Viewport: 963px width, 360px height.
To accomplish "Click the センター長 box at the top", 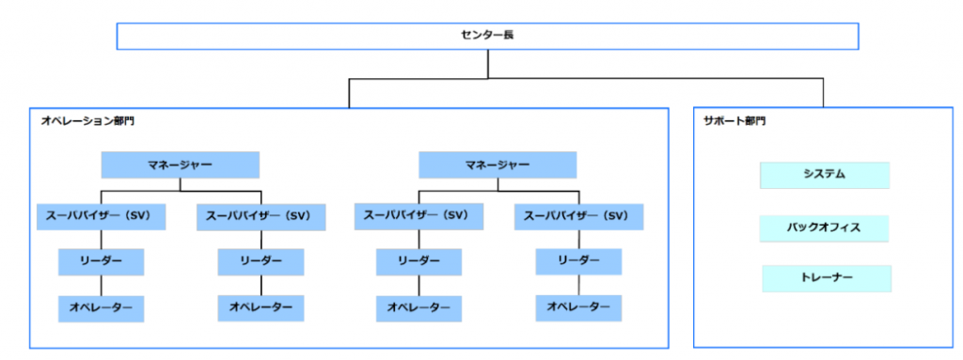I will [487, 36].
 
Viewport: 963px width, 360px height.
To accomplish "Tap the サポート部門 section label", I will [734, 121].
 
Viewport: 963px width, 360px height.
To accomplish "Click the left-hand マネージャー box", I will [180, 165].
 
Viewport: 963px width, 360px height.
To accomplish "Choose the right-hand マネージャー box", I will [497, 165].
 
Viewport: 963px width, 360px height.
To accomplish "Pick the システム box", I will [825, 175].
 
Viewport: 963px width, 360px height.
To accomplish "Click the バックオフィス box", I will [825, 227].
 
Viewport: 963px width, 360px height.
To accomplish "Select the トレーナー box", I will [825, 278].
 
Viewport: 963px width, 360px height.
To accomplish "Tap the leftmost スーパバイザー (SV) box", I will [102, 216].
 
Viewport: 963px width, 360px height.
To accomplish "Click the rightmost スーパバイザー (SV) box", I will [578, 216].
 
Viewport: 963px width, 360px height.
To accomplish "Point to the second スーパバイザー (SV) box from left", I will [260, 216].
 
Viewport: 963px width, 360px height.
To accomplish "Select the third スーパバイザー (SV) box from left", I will [418, 216].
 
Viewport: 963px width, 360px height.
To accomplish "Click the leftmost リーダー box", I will [102, 261].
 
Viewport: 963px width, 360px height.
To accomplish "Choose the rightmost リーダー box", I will [578, 261].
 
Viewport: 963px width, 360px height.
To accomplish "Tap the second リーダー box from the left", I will [260, 261].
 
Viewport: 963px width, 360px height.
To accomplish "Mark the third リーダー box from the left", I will [418, 261].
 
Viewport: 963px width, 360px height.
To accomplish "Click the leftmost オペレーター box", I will [102, 307].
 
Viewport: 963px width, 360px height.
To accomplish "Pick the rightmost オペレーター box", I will [578, 307].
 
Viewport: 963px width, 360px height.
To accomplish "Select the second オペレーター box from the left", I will [260, 307].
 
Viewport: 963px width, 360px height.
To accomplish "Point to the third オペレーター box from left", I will [418, 307].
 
